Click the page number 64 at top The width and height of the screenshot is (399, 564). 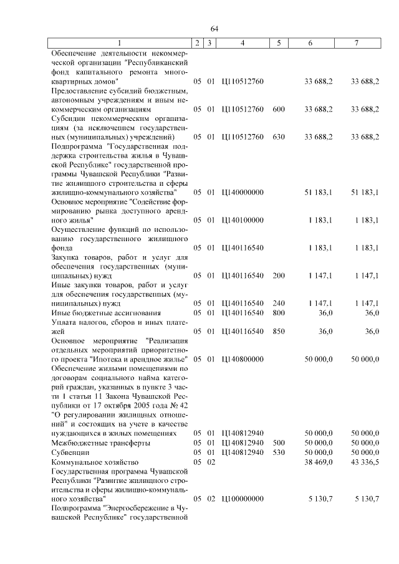coord(214,29)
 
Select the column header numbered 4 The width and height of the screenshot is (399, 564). coord(243,43)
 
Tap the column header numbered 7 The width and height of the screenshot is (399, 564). coord(356,43)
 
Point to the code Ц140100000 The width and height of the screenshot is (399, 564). coord(243,220)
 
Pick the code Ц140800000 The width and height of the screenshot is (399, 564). coord(243,359)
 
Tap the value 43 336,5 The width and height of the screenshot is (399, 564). coord(365,462)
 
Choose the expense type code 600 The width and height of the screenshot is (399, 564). coord(279,109)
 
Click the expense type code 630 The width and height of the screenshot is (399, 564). coord(279,136)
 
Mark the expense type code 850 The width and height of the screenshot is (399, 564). coord(279,331)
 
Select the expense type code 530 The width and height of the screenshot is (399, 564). coord(279,452)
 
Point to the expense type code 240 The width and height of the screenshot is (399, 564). coord(279,303)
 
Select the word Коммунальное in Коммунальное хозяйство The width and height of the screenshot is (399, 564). coord(78,462)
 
